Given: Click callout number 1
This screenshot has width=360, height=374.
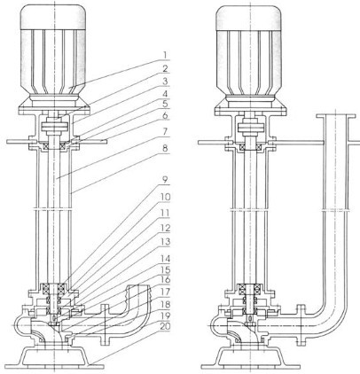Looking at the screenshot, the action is tap(165, 55).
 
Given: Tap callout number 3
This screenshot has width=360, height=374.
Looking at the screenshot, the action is tap(165, 82).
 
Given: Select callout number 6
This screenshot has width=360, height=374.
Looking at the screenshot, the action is tap(165, 115).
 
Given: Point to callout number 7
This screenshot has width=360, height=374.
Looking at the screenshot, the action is tap(165, 132).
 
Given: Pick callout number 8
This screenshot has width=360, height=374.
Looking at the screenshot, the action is tap(165, 149).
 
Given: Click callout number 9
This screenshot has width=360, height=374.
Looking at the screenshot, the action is tap(165, 180).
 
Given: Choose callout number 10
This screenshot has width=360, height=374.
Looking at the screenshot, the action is tap(165, 197).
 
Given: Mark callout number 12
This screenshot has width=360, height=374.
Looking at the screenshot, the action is tap(165, 229).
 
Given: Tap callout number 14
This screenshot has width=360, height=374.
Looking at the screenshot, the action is tap(165, 259).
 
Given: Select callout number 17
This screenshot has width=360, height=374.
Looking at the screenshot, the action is tap(165, 292).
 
